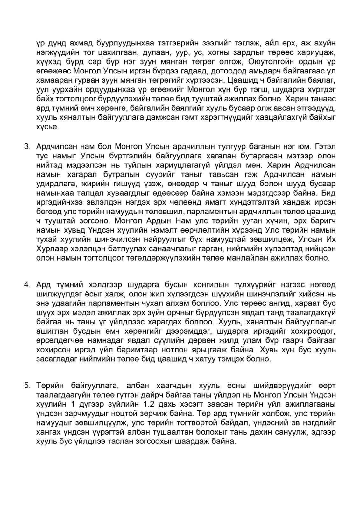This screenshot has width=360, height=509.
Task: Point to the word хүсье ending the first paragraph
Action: (47, 127)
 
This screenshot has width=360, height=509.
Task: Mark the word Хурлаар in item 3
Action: (52, 248)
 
